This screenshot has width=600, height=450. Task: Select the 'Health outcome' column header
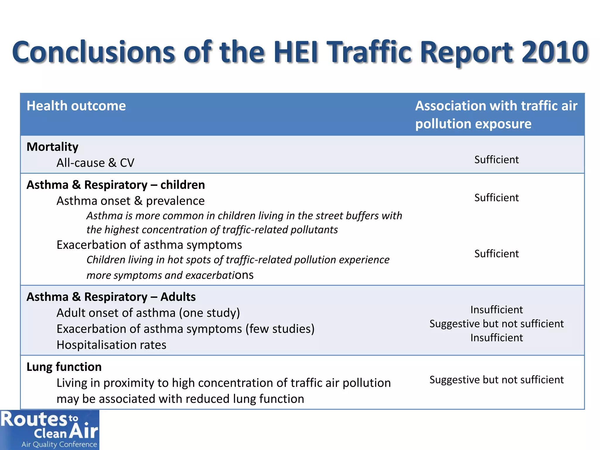[x=76, y=106]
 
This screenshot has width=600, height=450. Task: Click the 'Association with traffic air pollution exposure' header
[x=496, y=115]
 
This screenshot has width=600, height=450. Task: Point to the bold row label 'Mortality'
[x=52, y=147]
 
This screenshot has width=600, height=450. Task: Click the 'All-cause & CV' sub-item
[x=95, y=163]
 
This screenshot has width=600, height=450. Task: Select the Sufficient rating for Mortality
[x=496, y=160]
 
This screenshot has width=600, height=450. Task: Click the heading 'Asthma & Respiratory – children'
[x=116, y=185]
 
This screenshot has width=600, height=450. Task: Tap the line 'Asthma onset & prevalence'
[x=130, y=201]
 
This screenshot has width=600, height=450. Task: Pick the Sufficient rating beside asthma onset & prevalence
[x=496, y=198]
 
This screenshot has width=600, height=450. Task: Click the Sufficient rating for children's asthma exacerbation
[x=496, y=254]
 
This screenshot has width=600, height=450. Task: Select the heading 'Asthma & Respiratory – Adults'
[x=111, y=297]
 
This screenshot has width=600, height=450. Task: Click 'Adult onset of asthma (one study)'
[x=148, y=313]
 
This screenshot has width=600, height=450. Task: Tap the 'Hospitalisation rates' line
[x=111, y=345]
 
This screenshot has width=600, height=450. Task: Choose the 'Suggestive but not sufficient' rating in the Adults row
[x=496, y=324]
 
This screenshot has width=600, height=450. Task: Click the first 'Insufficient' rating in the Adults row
[x=496, y=310]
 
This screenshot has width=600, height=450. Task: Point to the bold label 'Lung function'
[x=64, y=367]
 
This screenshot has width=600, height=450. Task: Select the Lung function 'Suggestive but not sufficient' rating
[x=496, y=380]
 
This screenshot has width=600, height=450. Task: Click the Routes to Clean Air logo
[x=49, y=429]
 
